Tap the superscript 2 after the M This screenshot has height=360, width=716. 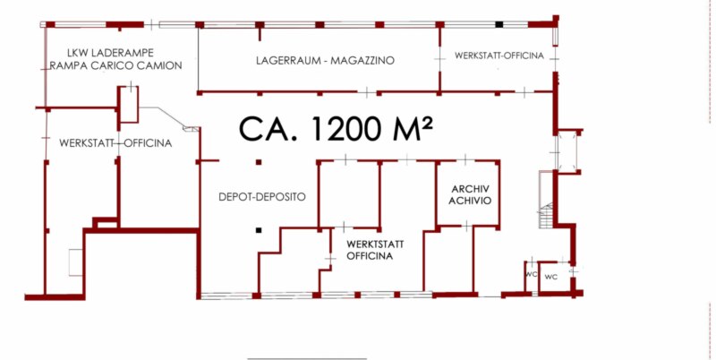click(x=426, y=122)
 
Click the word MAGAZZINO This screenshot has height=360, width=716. click(x=363, y=60)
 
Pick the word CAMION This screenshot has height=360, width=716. click(x=158, y=65)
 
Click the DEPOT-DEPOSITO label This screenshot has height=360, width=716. click(x=262, y=197)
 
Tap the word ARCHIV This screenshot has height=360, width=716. click(x=471, y=189)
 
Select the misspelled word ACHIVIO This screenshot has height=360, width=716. click(x=470, y=201)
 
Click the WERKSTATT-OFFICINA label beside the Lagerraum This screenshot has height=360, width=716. click(x=499, y=56)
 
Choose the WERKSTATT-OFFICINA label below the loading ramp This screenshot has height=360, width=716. click(x=115, y=143)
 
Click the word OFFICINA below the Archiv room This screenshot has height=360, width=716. click(x=370, y=256)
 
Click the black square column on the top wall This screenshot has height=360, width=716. click(x=499, y=24)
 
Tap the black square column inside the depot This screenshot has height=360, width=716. click(x=259, y=230)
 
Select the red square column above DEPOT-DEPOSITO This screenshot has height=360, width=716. click(x=259, y=162)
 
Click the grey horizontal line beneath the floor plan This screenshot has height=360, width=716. click(x=307, y=358)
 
